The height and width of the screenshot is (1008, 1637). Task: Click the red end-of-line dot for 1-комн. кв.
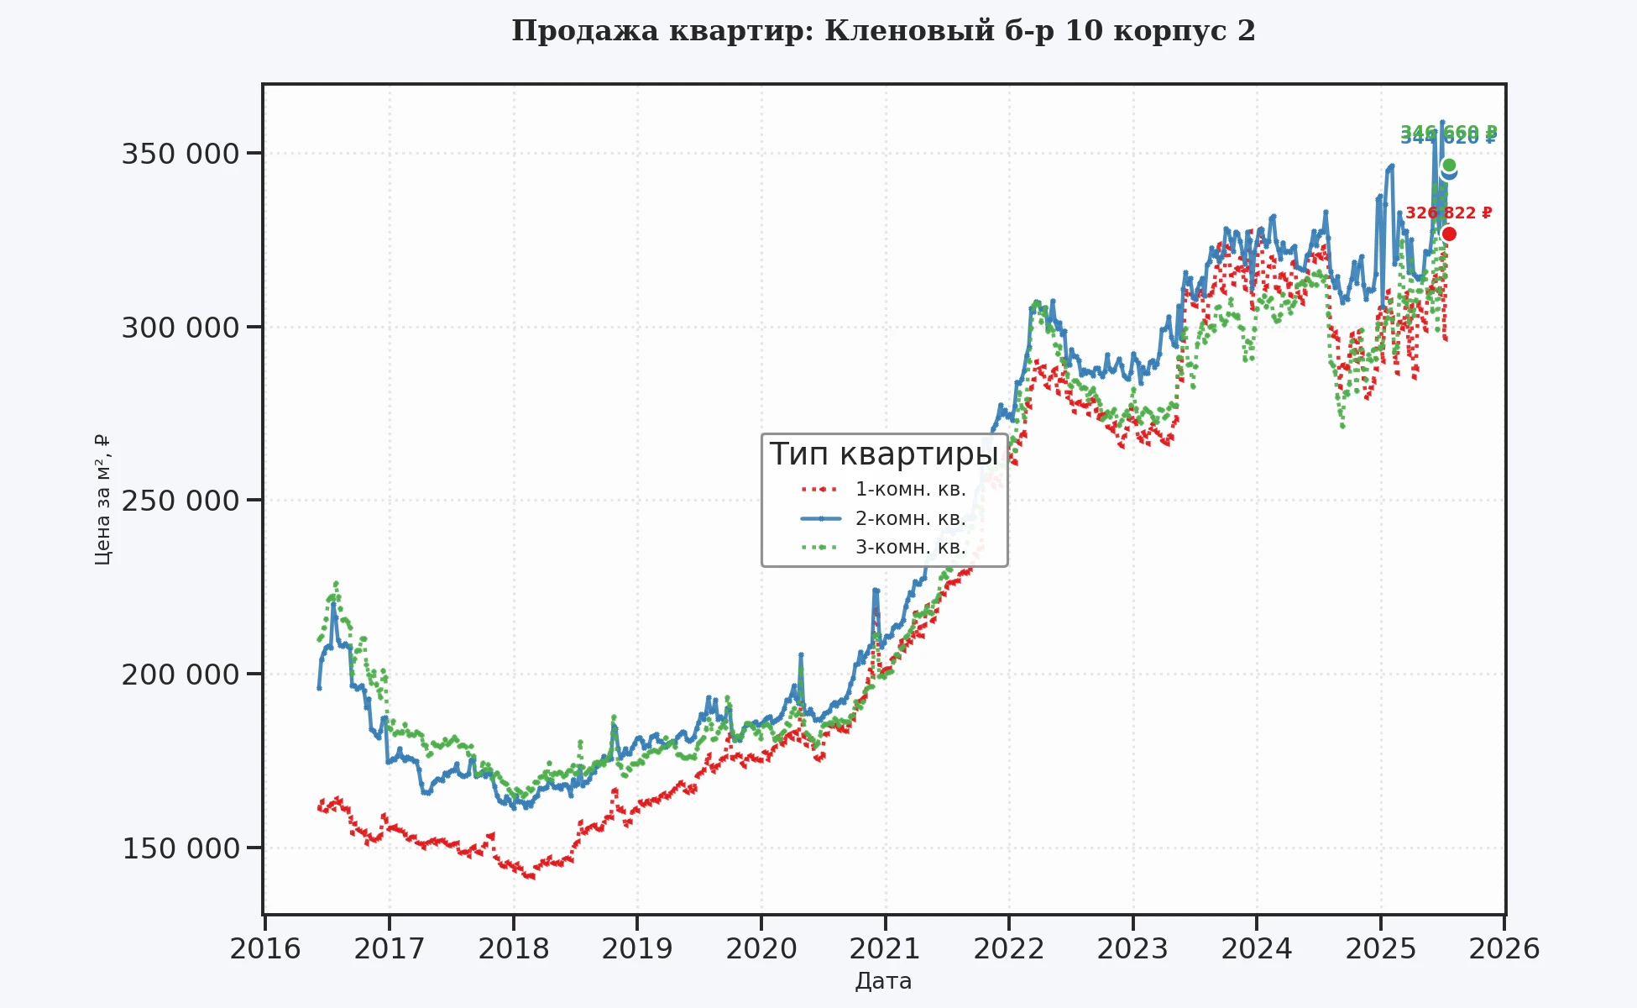[x=1449, y=234]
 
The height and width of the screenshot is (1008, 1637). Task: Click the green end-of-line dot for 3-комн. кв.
[x=1449, y=165]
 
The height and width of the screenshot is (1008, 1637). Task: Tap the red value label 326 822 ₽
[x=1448, y=213]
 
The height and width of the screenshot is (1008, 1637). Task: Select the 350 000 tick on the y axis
[x=180, y=154]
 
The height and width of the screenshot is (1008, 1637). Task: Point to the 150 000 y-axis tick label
[x=180, y=848]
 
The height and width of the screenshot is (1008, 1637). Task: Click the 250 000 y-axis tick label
[x=180, y=501]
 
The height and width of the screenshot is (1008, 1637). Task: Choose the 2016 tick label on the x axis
[x=265, y=949]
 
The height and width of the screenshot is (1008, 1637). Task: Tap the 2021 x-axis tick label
[x=885, y=949]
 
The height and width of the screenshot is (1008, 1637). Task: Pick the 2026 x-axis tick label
[x=1504, y=949]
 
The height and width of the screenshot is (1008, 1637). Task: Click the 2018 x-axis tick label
[x=513, y=949]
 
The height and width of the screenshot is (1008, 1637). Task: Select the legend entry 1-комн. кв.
[x=910, y=489]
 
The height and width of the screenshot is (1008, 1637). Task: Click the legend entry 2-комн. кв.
[x=910, y=518]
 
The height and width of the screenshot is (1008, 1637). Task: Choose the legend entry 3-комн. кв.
[x=910, y=548]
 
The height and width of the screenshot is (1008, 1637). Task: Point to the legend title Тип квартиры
[x=884, y=454]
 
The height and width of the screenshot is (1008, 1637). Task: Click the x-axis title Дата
[x=883, y=981]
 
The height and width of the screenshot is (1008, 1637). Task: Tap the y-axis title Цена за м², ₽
[x=102, y=500]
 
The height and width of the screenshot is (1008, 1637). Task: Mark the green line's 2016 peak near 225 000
[x=336, y=583]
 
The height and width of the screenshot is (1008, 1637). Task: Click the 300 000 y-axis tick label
[x=180, y=328]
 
